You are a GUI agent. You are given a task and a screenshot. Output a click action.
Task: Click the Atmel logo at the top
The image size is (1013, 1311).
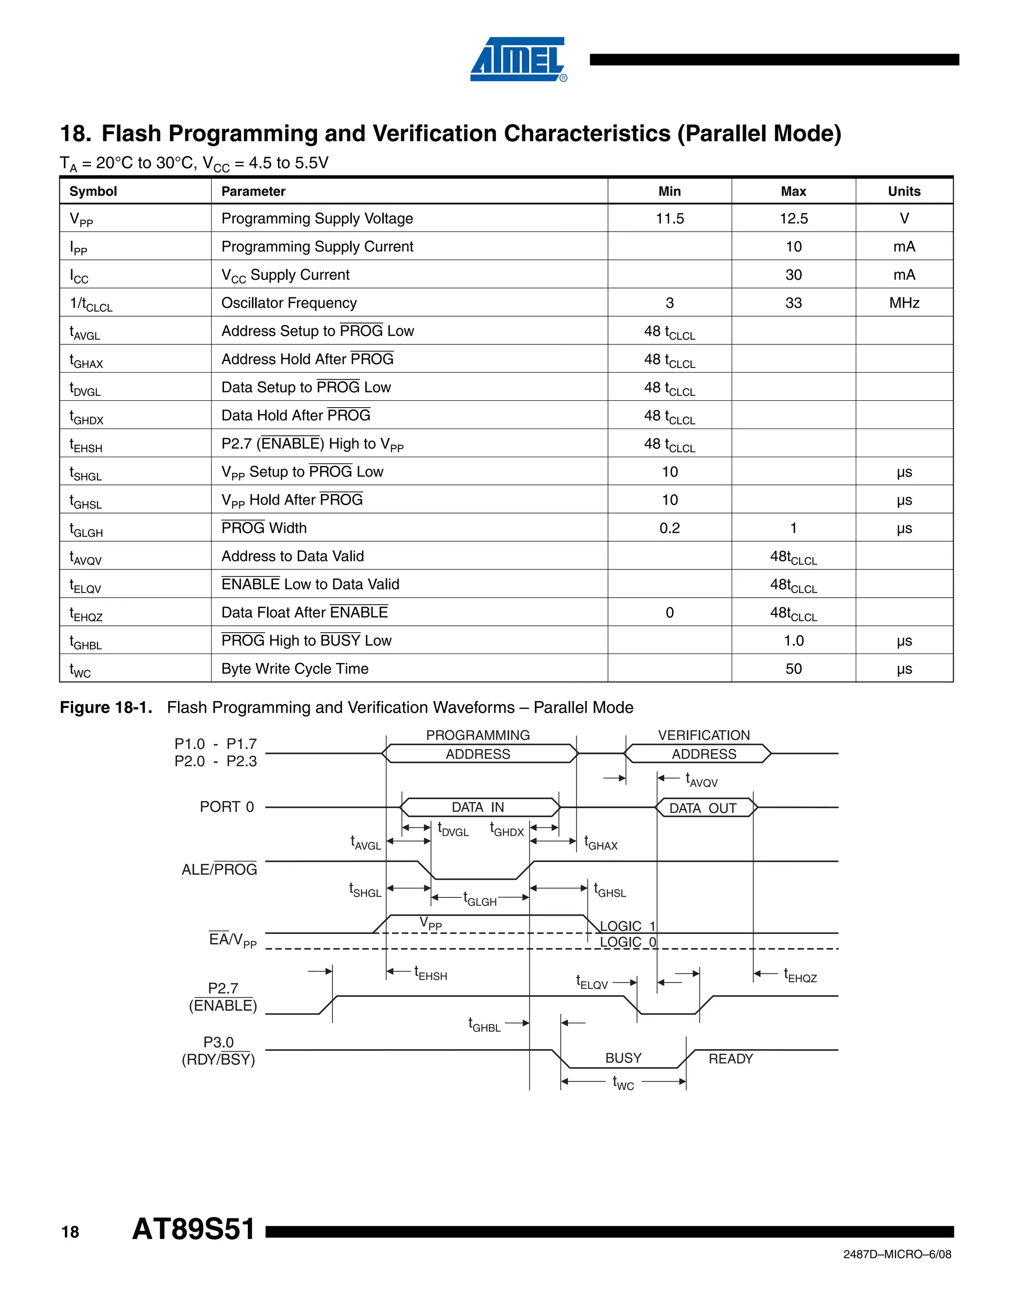(517, 59)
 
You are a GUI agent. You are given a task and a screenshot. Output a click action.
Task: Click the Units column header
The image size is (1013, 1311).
(904, 191)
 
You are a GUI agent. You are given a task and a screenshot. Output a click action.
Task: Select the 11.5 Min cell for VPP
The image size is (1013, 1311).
(669, 219)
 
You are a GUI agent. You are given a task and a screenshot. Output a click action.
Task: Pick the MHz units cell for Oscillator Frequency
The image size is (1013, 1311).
(904, 303)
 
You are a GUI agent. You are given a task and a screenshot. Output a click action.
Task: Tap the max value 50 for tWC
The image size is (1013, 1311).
(793, 669)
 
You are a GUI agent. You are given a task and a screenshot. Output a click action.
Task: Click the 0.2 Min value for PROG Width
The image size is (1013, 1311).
(669, 528)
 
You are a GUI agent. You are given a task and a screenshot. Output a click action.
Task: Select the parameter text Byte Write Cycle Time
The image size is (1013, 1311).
(295, 669)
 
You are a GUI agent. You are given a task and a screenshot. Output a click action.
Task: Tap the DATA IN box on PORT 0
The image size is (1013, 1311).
(478, 807)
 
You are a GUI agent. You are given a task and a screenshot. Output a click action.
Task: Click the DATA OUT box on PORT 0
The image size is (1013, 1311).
(703, 808)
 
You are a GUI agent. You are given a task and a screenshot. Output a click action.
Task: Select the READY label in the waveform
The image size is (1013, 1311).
(731, 1059)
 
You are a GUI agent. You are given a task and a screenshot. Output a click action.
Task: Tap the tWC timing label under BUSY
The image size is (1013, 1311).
(623, 1083)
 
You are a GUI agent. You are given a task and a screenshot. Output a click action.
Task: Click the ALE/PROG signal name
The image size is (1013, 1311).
(219, 869)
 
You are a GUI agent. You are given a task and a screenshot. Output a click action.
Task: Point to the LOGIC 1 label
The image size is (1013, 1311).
(628, 926)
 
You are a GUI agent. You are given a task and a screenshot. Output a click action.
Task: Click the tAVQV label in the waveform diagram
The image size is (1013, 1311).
(701, 780)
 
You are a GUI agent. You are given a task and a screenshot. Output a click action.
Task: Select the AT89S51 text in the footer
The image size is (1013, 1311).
(193, 1229)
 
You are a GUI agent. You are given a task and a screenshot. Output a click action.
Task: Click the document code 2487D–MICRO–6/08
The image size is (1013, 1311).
(897, 1255)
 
